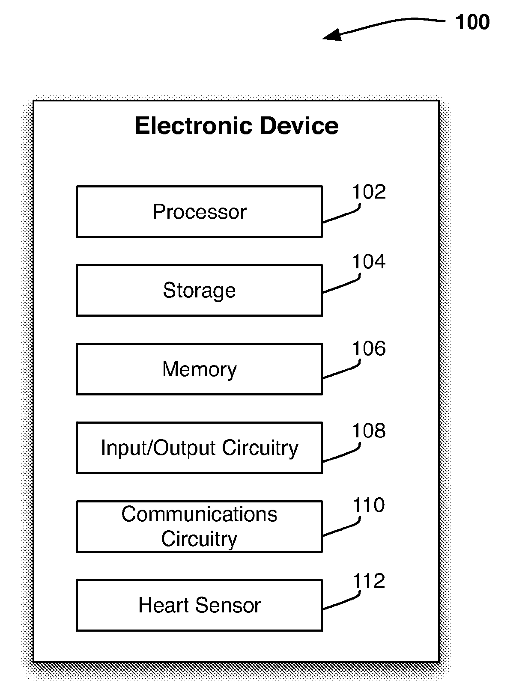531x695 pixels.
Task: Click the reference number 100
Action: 472,22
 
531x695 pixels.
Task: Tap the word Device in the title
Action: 299,126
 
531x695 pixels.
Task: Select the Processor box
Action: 199,211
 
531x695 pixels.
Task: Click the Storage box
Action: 199,290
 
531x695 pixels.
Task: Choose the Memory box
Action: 199,369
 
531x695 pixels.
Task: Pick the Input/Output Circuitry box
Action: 199,448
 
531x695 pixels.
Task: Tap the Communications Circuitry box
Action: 199,526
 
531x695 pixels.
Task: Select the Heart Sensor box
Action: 199,605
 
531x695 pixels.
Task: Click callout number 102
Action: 369,192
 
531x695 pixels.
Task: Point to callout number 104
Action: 369,261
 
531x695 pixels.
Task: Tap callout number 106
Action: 369,349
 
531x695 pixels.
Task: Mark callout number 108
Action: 369,431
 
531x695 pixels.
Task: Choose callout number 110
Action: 369,505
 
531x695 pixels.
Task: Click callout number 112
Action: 369,581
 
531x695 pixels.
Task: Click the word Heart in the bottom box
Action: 163,605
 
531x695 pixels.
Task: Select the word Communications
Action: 199,514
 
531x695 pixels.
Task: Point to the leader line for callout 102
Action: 343,216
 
